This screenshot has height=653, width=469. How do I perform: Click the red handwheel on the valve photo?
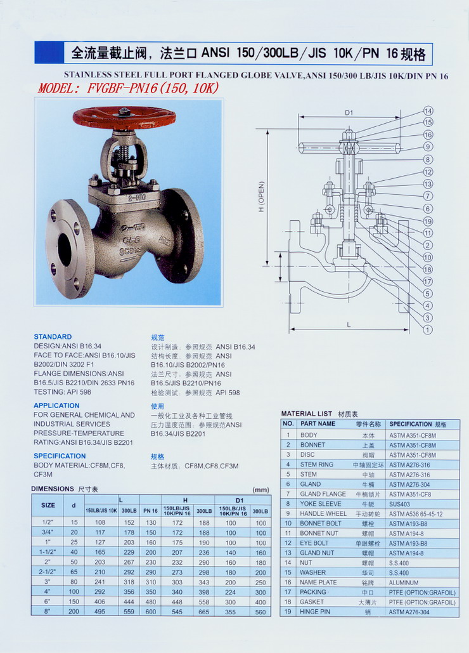pos(124,118)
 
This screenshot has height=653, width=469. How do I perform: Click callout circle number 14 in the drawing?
pos(428,111)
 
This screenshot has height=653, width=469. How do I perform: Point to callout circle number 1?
pos(427,330)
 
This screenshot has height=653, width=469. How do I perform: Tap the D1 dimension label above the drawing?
pos(349,112)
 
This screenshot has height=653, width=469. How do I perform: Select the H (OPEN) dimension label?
pos(262,197)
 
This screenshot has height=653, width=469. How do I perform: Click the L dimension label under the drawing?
pos(349,325)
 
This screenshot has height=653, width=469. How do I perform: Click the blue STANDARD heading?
pos(53,336)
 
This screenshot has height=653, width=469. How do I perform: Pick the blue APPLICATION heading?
pos(56,406)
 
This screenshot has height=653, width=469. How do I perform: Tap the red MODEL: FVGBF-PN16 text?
pos(128,88)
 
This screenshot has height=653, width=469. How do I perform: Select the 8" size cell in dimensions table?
pos(48,611)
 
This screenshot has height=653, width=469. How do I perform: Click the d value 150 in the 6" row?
pos(74,602)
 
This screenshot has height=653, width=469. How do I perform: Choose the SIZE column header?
pos(48,505)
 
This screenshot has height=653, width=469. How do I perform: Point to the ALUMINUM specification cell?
pos(404,583)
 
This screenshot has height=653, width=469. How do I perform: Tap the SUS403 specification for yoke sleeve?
pos(399,504)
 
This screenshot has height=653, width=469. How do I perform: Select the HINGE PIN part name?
pos(315,612)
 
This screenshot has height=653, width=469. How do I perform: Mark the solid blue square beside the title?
pos(49,53)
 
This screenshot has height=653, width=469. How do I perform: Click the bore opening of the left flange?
pos(65,249)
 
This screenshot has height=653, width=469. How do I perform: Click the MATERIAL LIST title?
pos(306,414)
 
